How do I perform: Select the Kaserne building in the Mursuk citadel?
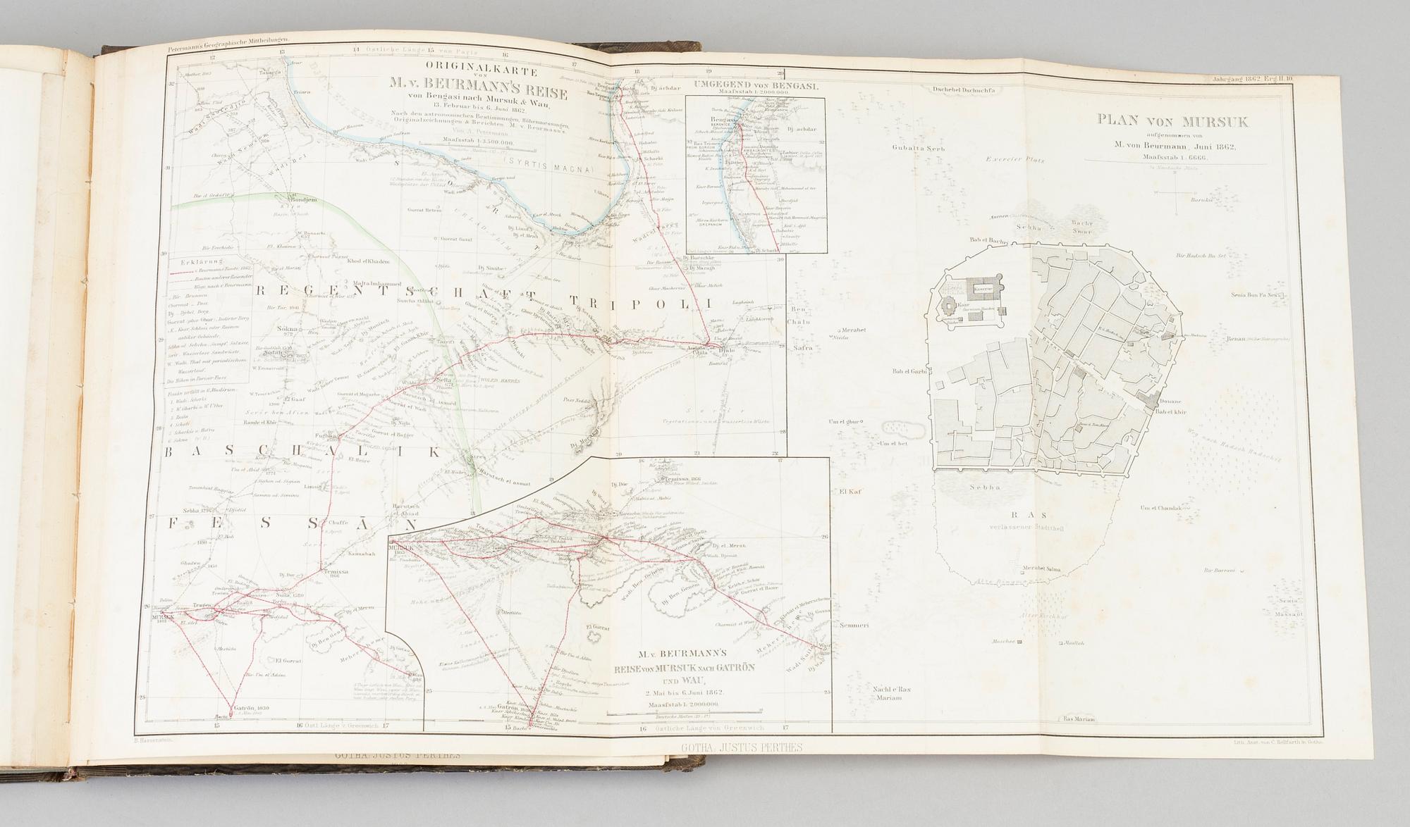pyautogui.click(x=984, y=289)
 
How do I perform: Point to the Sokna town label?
pyautogui.click(x=287, y=328)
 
